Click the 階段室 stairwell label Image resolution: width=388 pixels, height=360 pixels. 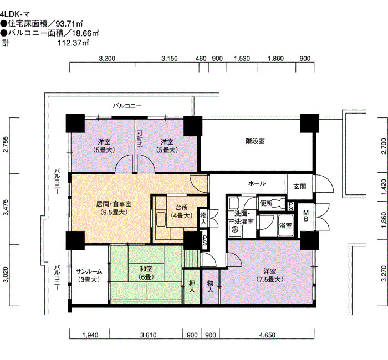click(255, 141)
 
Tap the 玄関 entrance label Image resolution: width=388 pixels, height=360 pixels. click(300, 187)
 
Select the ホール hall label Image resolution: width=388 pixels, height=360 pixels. click(257, 183)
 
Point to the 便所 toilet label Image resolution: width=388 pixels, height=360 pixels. click(266, 203)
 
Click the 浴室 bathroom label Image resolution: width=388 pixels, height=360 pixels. click(285, 225)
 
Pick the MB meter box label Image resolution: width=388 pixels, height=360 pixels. click(306, 215)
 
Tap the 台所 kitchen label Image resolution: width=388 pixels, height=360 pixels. click(182, 208)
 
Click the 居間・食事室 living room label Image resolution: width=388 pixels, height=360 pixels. click(114, 204)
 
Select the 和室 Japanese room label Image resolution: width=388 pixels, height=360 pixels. click(146, 269)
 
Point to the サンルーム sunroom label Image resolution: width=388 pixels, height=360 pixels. click(89, 271)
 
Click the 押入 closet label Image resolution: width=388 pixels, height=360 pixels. click(192, 286)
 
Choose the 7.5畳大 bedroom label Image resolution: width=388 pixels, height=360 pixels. click(270, 279)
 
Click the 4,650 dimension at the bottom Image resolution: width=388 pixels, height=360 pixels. click(267, 335)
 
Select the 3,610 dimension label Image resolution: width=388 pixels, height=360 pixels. click(148, 335)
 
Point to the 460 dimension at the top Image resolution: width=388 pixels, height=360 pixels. click(201, 59)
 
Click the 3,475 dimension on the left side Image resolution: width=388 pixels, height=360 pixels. click(6, 208)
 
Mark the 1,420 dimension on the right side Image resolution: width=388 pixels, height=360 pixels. click(384, 187)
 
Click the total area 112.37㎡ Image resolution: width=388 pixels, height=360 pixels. click(73, 43)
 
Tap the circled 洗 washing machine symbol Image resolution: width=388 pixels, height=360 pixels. click(234, 229)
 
